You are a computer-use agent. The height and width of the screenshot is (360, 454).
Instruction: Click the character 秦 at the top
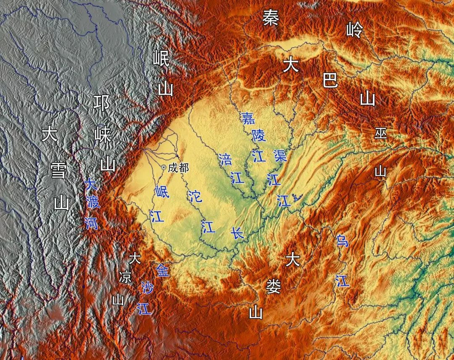[x=271, y=18]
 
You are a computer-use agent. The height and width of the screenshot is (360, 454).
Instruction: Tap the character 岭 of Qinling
[x=354, y=29]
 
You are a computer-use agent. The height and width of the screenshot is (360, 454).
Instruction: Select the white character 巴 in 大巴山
[x=330, y=80]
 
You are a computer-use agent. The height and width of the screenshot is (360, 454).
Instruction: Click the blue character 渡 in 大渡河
[x=92, y=203]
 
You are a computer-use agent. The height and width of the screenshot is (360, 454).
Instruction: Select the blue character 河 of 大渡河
[x=91, y=223]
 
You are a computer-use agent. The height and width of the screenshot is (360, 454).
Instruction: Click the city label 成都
[x=178, y=168]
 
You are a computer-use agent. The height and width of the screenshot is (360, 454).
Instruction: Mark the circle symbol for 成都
[x=164, y=167]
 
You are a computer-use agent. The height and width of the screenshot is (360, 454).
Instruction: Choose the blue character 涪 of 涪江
[x=226, y=159]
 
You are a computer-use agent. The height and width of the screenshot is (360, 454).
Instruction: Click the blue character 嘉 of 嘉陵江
[x=248, y=118]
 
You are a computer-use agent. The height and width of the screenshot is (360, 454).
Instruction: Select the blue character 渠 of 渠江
[x=280, y=156]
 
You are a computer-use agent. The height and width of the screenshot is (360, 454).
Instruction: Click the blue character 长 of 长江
[x=238, y=233]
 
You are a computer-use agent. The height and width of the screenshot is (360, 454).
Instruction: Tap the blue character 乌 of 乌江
[x=342, y=241]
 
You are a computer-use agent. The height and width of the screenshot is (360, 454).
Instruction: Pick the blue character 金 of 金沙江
[x=162, y=270]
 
